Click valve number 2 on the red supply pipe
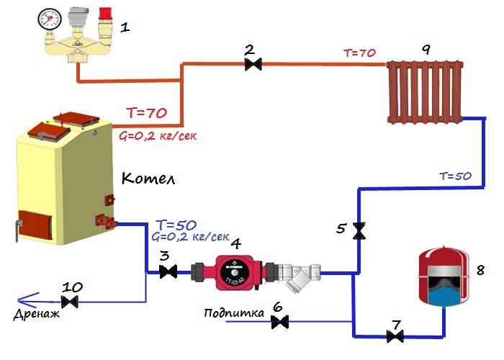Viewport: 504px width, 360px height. pos(252,65)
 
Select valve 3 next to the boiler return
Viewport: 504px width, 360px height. pos(168,272)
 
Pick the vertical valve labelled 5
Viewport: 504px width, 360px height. pos(359,231)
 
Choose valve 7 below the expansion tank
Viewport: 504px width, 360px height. pos(394,336)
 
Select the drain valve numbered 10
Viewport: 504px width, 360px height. pos(71,301)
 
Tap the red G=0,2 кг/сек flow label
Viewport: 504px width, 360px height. pos(157,134)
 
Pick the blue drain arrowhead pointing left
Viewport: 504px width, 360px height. pos(22,300)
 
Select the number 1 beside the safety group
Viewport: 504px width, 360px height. pos(125,28)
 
